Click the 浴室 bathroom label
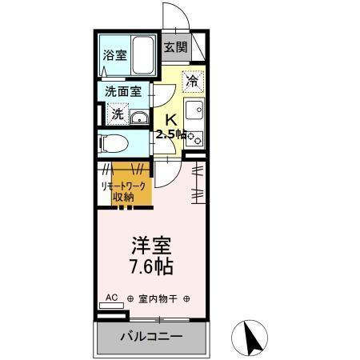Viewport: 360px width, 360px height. [114, 55]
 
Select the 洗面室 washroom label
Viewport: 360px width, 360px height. [123, 91]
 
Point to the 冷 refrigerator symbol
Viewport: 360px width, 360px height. [192, 80]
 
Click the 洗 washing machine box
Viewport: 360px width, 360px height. [118, 114]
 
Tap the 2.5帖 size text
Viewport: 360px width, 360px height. [171, 134]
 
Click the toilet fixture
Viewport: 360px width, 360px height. [111, 144]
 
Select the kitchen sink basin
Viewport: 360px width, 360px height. [194, 110]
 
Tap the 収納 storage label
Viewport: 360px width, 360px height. [122, 197]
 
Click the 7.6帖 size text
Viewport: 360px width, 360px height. [149, 266]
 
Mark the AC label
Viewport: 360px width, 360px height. [111, 297]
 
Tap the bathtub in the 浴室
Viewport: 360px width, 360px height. [142, 54]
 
